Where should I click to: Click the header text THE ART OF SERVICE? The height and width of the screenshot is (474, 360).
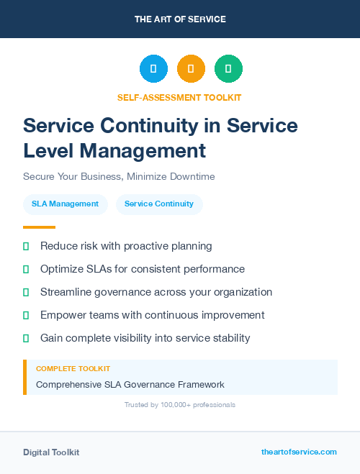coord(180,19)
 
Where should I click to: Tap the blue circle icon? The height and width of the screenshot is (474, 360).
coord(153,69)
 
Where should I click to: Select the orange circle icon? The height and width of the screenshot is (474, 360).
coord(191,69)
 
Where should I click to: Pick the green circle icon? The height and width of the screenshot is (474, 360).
coord(228,69)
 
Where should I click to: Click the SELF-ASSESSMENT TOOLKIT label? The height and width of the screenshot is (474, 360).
coord(179,97)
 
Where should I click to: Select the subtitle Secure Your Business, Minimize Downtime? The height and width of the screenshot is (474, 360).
coord(119,176)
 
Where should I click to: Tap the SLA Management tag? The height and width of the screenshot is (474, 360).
coord(65,204)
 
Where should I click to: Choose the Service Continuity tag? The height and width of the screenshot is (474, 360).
coord(159,204)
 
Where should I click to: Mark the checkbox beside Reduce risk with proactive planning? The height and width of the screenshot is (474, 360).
coord(26,246)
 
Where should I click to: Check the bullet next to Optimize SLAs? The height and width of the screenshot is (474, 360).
coord(26,269)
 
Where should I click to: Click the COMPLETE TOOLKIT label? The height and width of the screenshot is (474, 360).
coord(73,368)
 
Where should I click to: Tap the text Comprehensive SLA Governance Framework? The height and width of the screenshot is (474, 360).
coord(130,385)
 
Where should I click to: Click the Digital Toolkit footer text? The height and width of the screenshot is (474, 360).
coord(51,452)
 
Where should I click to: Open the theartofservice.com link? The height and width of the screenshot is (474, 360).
coord(299,452)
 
